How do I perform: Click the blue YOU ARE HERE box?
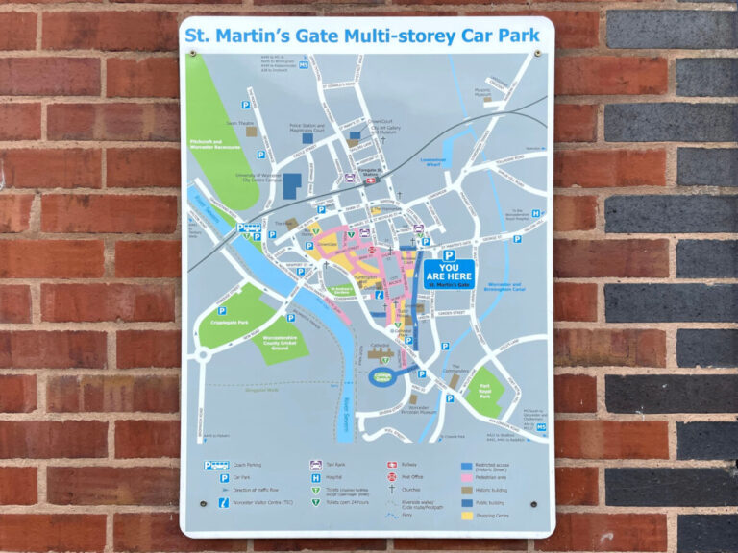tap(450, 274)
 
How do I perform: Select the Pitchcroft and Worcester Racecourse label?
tap(213, 144)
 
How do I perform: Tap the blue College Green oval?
tap(383, 377)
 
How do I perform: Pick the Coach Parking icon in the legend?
tap(216, 466)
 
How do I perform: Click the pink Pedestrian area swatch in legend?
tap(466, 476)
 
